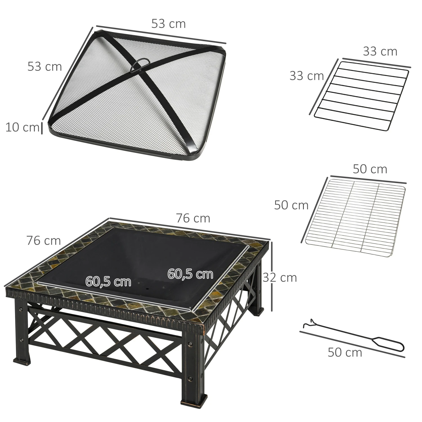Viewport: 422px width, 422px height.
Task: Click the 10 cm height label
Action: click(x=22, y=127)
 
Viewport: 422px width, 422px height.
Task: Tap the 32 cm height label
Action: click(x=280, y=277)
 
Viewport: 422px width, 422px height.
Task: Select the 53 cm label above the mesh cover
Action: click(x=169, y=24)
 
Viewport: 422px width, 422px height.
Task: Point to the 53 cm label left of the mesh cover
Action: click(x=44, y=66)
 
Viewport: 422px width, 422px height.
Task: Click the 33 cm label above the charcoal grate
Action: click(x=380, y=51)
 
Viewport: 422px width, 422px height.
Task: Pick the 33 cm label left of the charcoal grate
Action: click(x=307, y=76)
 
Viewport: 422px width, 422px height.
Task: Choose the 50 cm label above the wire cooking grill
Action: click(x=370, y=169)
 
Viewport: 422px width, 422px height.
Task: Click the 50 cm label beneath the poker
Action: click(x=345, y=352)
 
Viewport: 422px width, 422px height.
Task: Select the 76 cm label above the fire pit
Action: click(x=193, y=218)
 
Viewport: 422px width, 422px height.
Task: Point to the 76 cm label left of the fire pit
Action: click(x=44, y=241)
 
